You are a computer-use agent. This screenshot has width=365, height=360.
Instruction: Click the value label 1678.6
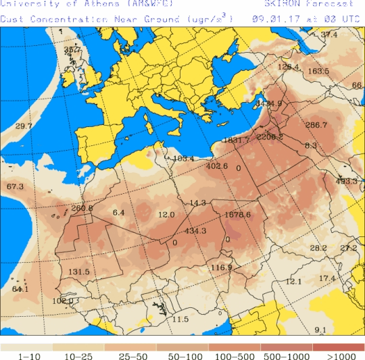click(237, 215)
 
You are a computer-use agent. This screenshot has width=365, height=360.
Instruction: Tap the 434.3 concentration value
click(195, 231)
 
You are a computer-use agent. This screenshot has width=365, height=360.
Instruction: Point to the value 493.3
click(346, 181)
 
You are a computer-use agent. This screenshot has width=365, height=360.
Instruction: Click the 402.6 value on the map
click(217, 166)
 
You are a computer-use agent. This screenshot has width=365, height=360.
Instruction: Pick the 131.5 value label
click(79, 272)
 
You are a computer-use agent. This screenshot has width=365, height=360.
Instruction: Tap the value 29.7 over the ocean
click(24, 126)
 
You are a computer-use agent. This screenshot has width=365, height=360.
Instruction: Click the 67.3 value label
click(15, 186)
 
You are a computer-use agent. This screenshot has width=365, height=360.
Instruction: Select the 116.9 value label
click(221, 268)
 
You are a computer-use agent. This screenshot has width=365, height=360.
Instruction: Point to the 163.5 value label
click(318, 71)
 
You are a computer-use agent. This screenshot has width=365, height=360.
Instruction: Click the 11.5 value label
click(180, 319)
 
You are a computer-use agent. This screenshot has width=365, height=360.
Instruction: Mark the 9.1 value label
click(320, 330)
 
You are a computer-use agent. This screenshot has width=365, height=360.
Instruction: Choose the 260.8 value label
click(82, 208)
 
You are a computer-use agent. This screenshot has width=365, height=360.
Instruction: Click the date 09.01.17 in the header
click(273, 19)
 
